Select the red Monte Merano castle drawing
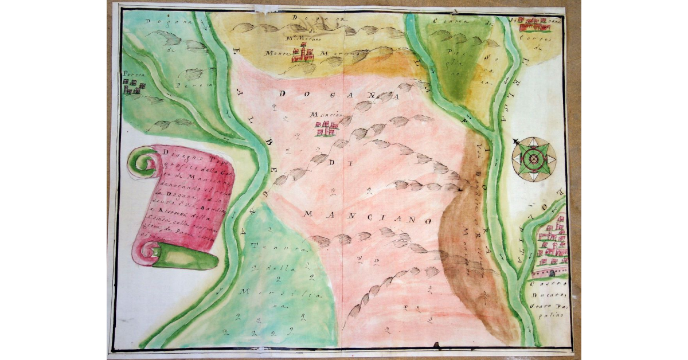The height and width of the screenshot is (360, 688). click(x=303, y=54)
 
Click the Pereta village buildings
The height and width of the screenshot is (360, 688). click(x=133, y=86)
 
